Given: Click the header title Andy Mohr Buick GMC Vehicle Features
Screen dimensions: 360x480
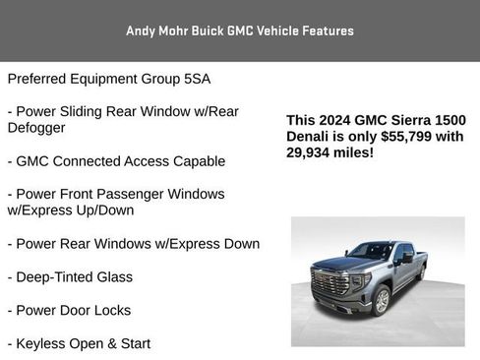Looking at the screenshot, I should click(239, 30).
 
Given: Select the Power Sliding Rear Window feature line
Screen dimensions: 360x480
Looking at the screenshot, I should click(126, 111).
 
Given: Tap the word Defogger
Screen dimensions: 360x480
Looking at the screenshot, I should click(36, 128).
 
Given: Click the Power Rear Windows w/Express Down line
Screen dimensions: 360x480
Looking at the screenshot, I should click(133, 244).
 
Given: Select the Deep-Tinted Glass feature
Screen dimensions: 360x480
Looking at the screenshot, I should click(70, 277).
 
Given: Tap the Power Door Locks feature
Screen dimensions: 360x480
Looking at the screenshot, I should click(69, 310).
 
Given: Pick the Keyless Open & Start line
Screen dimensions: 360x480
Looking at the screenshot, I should click(79, 343).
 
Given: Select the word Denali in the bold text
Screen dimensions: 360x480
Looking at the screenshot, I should click(310, 136).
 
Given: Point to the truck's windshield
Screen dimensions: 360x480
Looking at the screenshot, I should click(371, 252).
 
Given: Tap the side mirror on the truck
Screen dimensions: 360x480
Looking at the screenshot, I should click(406, 258).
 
